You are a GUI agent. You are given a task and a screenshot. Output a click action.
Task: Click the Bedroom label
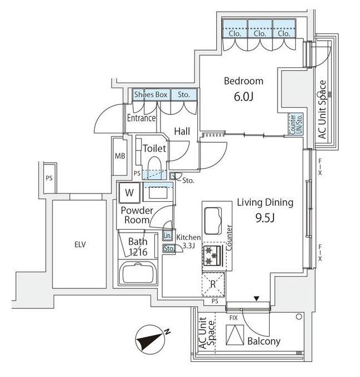[x=244, y=81]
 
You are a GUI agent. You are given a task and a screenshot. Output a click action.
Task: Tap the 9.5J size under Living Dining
[x=265, y=218]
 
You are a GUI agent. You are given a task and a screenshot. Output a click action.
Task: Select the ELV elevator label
[x=80, y=244]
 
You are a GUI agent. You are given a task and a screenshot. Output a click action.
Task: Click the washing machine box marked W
[x=129, y=193]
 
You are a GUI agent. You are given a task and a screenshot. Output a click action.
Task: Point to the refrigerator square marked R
[x=213, y=284]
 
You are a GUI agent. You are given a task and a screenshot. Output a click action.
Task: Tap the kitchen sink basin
[x=213, y=221]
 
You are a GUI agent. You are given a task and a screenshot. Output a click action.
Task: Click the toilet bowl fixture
[x=154, y=165]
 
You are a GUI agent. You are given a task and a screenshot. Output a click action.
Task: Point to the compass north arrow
[x=150, y=339]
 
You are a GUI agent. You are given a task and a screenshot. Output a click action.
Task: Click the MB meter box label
[x=120, y=156]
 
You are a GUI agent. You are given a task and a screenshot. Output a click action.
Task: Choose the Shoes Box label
[x=150, y=94]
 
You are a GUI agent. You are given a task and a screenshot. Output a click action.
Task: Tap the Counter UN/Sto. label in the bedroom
[x=296, y=124]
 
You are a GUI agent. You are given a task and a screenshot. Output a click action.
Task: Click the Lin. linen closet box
[x=168, y=235]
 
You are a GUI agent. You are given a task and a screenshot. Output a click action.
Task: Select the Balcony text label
[x=264, y=341]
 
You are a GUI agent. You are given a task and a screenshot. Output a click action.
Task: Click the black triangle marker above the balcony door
[x=257, y=298]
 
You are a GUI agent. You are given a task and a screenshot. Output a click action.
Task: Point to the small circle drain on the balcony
[x=299, y=317]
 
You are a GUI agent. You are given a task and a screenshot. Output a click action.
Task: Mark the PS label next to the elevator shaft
[x=49, y=178]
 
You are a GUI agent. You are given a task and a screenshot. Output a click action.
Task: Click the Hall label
[x=182, y=131]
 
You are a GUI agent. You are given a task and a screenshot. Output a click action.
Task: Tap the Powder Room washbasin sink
[x=158, y=193]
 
